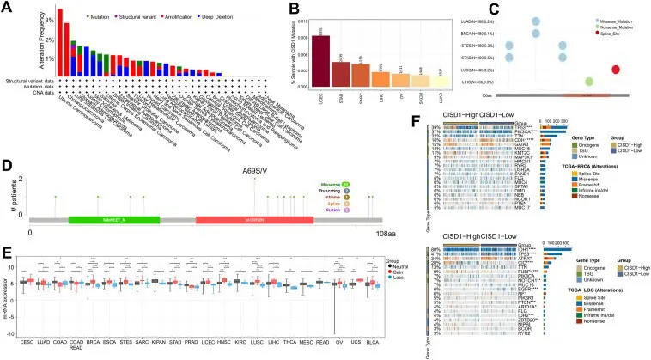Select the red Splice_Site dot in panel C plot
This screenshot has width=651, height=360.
point(616,69)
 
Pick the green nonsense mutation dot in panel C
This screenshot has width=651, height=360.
point(588,82)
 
